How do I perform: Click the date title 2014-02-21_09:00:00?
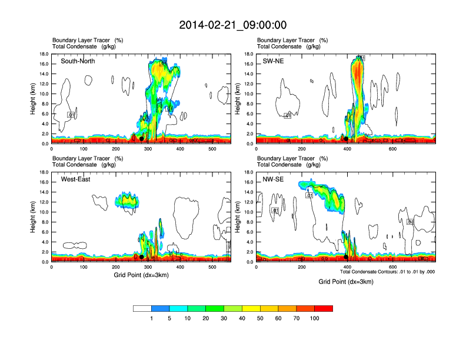[233, 25]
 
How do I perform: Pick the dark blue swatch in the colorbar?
[161, 308]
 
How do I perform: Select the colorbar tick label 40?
[242, 318]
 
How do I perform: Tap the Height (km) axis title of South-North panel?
[34, 99]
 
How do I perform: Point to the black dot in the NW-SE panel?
[346, 257]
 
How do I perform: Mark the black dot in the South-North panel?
[141, 139]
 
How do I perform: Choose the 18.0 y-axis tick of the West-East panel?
[43, 173]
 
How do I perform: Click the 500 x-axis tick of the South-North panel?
[212, 149]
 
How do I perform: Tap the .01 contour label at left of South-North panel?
[71, 115]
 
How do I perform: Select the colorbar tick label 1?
[152, 318]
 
